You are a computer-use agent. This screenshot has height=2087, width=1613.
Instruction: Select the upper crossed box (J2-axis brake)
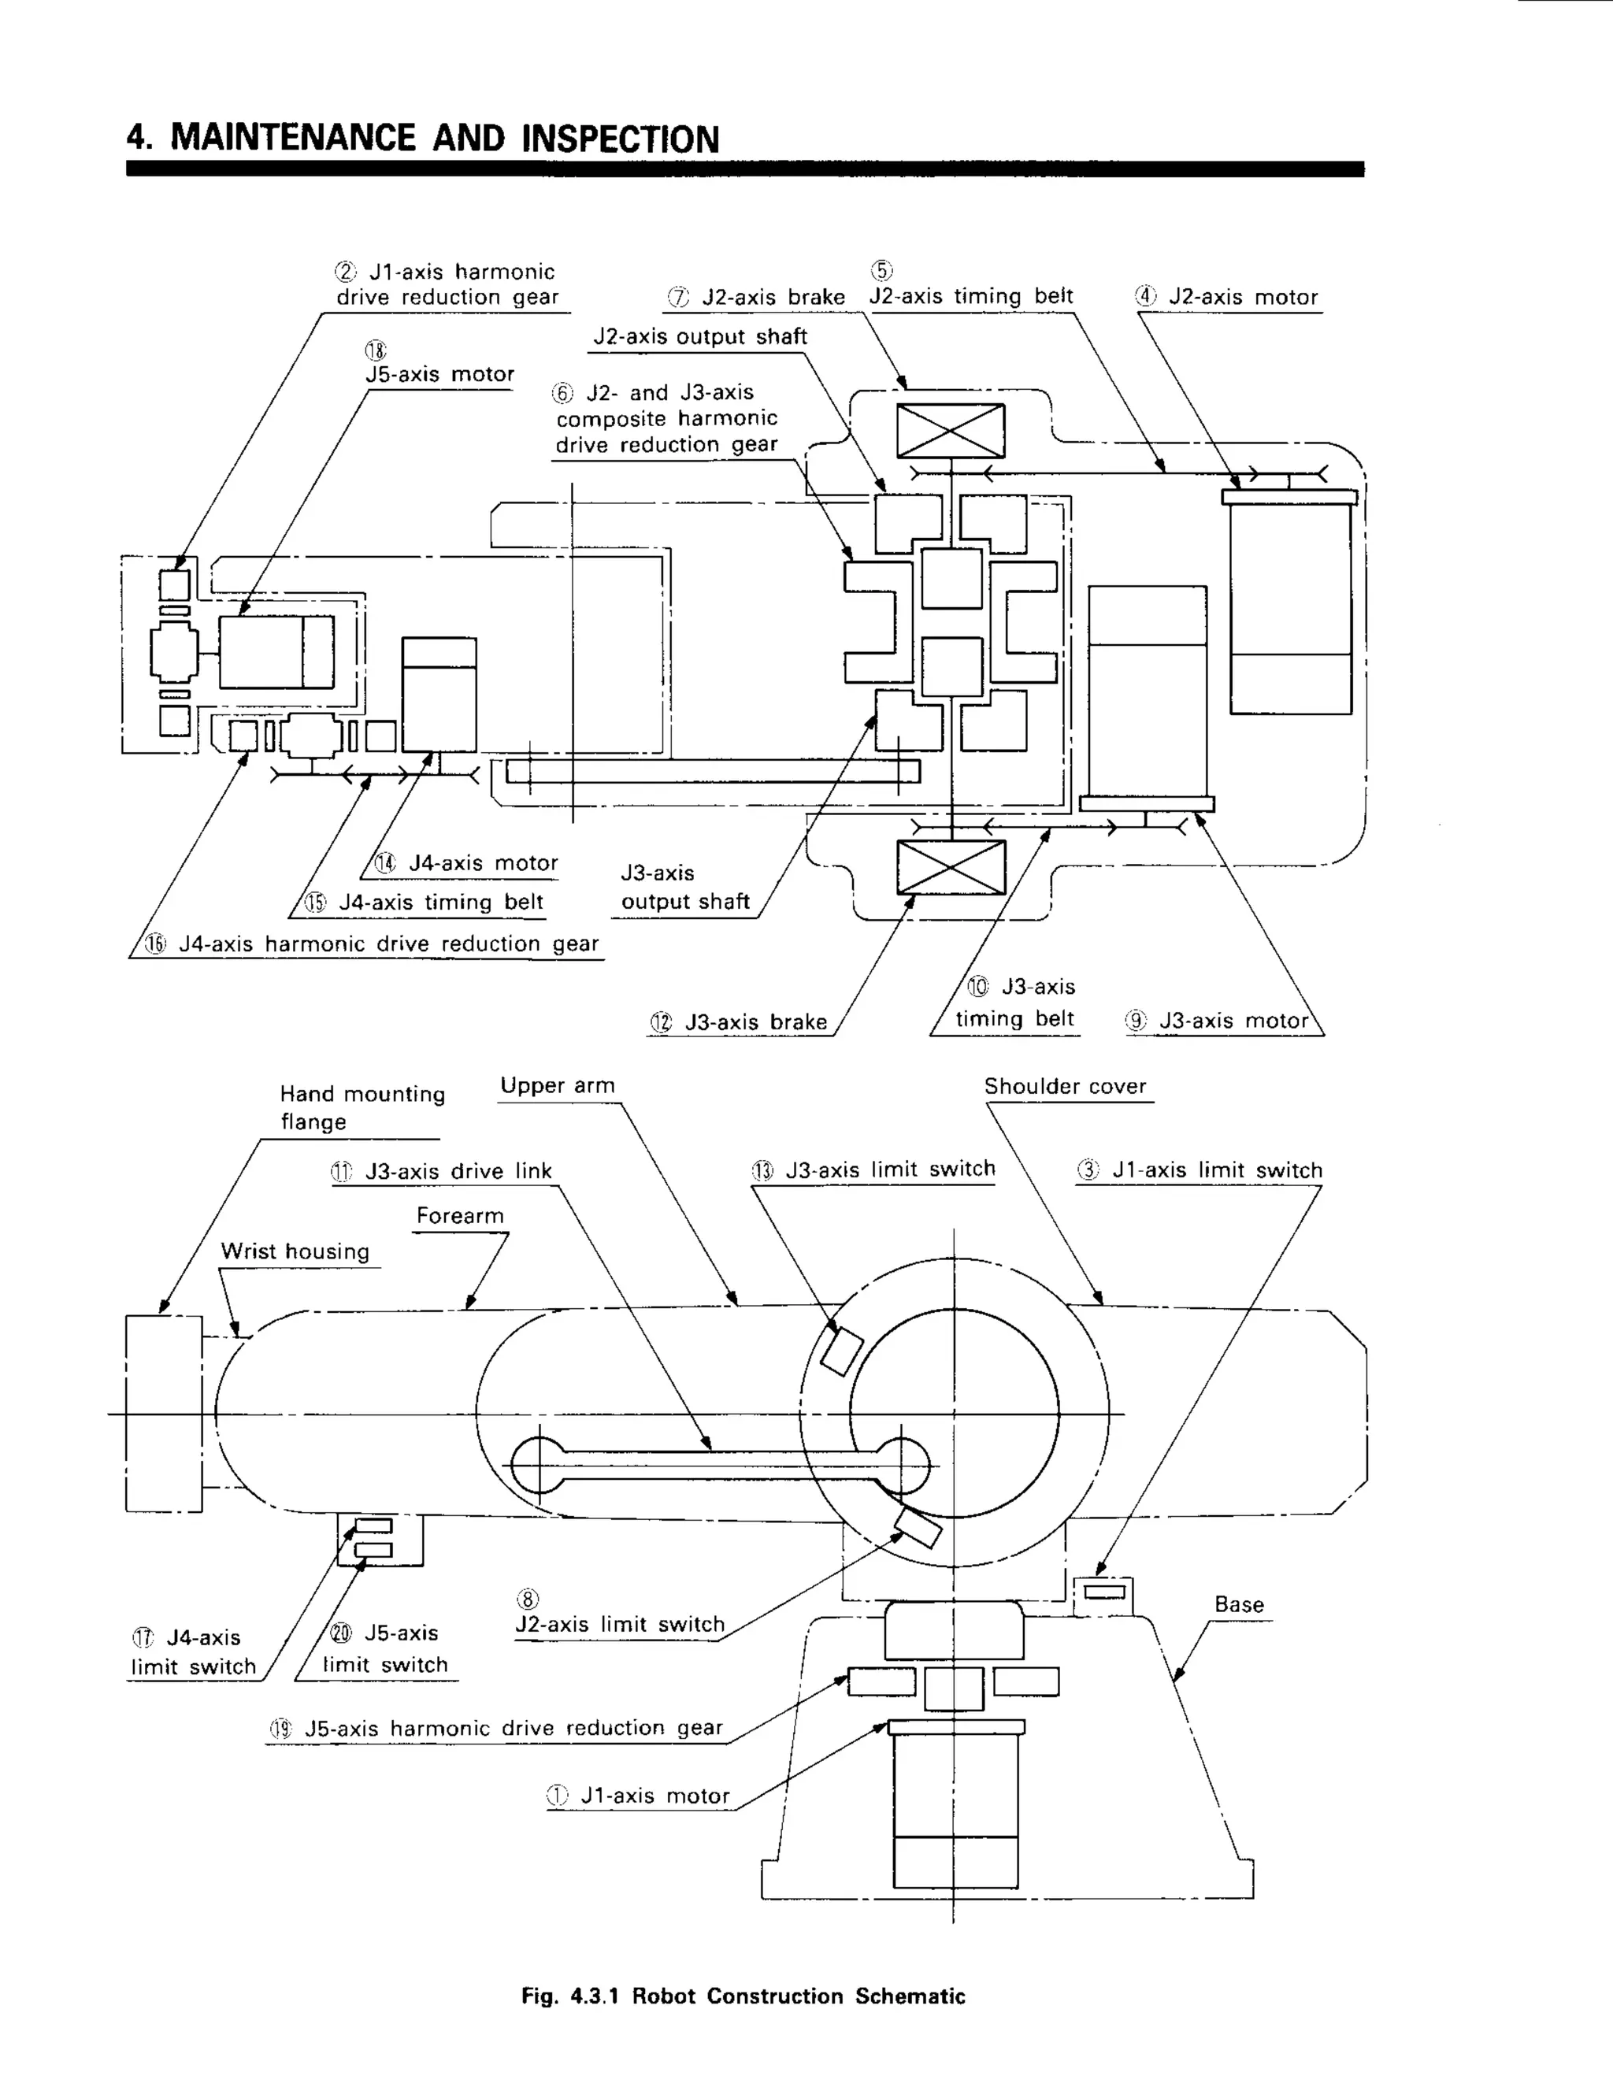pyautogui.click(x=950, y=431)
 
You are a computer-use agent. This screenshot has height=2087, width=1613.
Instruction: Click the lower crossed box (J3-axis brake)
pyautogui.click(x=950, y=868)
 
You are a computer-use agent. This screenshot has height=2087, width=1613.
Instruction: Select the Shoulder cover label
pyautogui.click(x=1065, y=1087)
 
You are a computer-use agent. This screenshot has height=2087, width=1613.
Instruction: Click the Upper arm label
pyautogui.click(x=557, y=1085)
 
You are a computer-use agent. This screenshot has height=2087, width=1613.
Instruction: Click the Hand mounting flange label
pyautogui.click(x=362, y=1107)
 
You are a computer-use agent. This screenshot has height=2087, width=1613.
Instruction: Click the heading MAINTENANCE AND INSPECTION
pyautogui.click(x=422, y=139)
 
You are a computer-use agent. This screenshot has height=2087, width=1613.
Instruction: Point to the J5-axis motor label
pyautogui.click(x=439, y=373)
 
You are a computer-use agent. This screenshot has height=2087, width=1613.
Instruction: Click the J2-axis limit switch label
pyautogui.click(x=619, y=1624)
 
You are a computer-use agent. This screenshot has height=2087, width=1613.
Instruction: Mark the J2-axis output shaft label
pyautogui.click(x=699, y=336)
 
